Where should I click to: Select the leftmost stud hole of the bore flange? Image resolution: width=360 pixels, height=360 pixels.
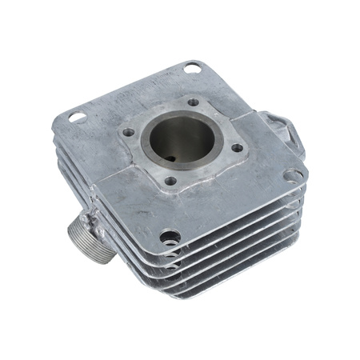(128, 133)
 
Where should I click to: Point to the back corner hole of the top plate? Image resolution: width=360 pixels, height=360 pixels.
(192, 68)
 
